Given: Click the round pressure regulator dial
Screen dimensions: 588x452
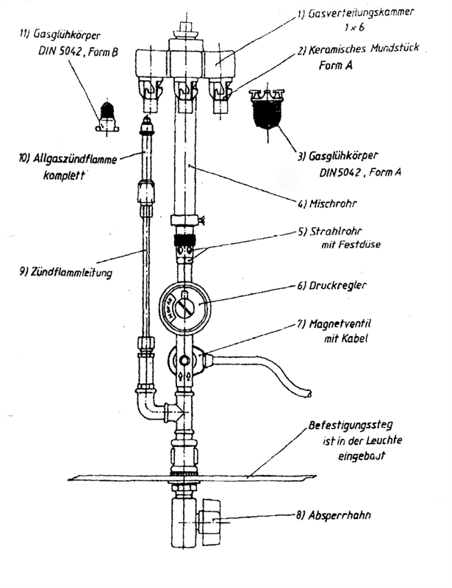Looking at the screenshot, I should point(186,304).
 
